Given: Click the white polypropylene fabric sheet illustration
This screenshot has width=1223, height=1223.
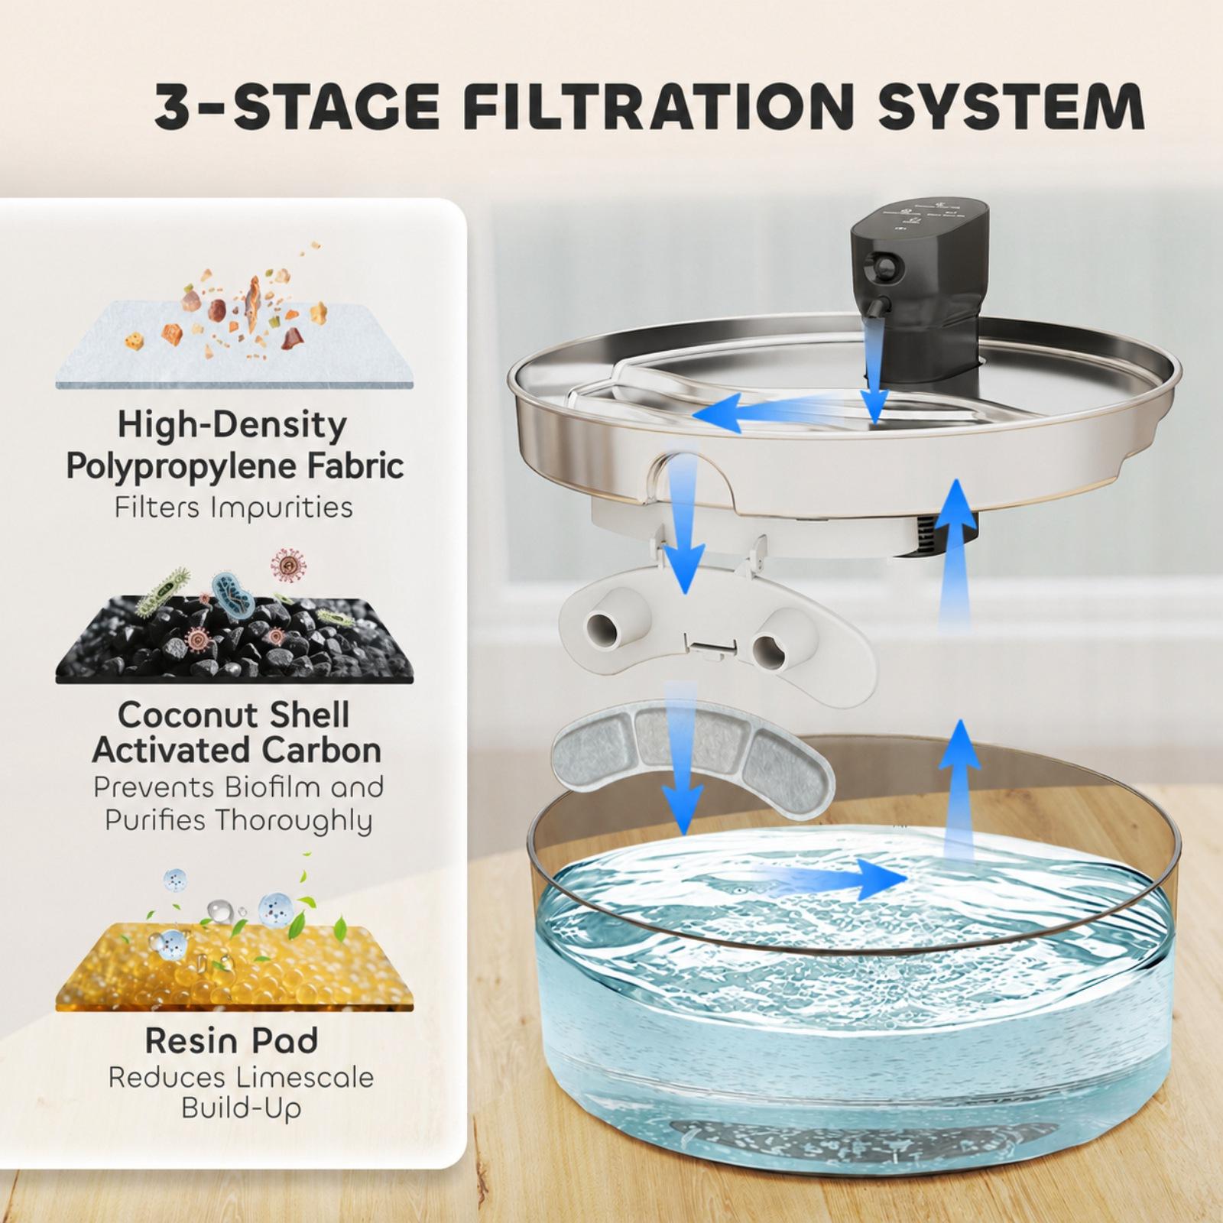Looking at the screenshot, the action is click(x=233, y=345).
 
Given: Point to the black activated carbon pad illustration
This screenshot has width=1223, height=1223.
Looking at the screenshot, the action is click(x=234, y=641).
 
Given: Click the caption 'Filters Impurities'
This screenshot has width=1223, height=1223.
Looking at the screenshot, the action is click(x=234, y=507).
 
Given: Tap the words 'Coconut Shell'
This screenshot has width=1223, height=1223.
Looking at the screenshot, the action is click(x=233, y=715).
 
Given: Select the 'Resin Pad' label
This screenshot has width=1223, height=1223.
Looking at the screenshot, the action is click(x=232, y=1040).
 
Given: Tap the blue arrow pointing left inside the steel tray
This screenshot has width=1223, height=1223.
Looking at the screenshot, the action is click(x=783, y=410).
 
